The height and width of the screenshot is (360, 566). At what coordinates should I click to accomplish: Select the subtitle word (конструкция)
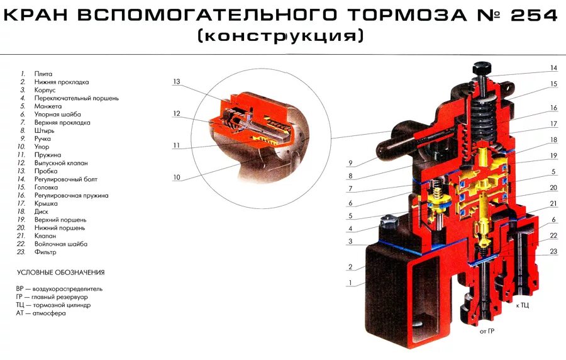pyautogui.click(x=280, y=37)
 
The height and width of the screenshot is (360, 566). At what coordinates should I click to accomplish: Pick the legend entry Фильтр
pyautogui.click(x=45, y=252)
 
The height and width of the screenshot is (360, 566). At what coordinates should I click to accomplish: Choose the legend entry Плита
pyautogui.click(x=43, y=74)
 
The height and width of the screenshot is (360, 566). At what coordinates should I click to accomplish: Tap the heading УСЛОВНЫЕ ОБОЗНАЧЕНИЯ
pyautogui.click(x=60, y=273)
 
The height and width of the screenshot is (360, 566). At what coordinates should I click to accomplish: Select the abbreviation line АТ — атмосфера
pyautogui.click(x=41, y=313)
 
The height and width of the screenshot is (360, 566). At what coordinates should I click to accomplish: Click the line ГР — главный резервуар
pyautogui.click(x=52, y=297)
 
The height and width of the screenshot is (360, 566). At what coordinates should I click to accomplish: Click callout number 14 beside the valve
pyautogui.click(x=553, y=68)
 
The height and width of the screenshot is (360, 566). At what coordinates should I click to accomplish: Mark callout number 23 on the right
pyautogui.click(x=553, y=252)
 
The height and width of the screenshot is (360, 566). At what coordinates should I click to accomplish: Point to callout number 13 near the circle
pyautogui.click(x=177, y=82)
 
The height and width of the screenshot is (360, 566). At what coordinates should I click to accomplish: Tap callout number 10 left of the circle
pyautogui.click(x=177, y=177)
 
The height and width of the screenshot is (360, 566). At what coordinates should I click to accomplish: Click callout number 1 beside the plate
pyautogui.click(x=350, y=283)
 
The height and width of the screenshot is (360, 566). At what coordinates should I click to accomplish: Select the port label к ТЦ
pyautogui.click(x=522, y=305)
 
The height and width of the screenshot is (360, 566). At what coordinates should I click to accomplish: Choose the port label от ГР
pyautogui.click(x=487, y=330)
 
